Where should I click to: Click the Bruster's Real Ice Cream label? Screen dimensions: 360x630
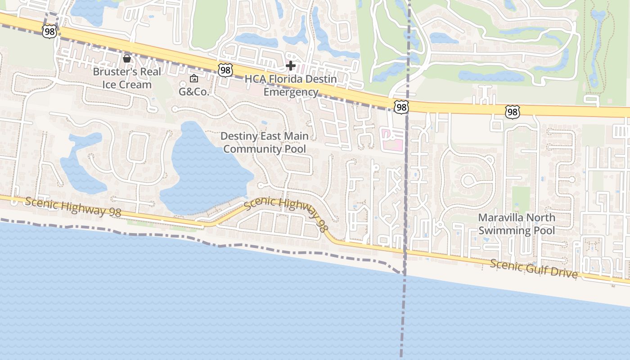(127, 78)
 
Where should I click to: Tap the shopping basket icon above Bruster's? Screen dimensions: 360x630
(127, 58)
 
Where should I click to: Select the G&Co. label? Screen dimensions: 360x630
(194, 92)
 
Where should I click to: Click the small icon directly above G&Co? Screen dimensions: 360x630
(194, 79)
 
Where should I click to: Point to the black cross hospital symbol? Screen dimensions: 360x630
(291, 66)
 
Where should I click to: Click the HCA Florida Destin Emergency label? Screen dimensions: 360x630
(291, 85)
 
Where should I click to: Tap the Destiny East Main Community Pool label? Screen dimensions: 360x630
(265, 142)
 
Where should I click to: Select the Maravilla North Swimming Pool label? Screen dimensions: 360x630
(517, 224)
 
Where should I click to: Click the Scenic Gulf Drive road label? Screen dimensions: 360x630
(533, 268)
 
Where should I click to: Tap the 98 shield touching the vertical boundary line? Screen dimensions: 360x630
(400, 107)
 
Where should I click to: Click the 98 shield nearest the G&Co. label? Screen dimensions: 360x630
(225, 69)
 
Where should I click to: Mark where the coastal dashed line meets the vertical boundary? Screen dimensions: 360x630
(404, 273)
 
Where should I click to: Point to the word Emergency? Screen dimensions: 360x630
(291, 92)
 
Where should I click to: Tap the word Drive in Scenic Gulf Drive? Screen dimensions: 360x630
(563, 272)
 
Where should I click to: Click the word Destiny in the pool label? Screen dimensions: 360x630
(239, 136)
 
